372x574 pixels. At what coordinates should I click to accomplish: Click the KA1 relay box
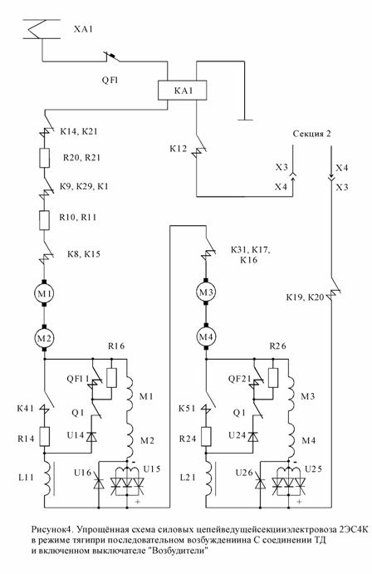click(x=182, y=90)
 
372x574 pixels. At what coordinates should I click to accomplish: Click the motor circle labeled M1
click(x=44, y=293)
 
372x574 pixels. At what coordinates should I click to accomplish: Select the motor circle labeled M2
click(x=44, y=337)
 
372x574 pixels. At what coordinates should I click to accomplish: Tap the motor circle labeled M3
click(x=206, y=292)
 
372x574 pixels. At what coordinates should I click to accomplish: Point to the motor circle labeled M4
click(x=206, y=337)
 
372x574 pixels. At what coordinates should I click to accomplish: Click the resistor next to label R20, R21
click(x=44, y=158)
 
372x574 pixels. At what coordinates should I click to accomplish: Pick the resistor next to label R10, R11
click(x=44, y=220)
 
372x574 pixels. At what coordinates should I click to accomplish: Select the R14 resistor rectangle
click(x=45, y=436)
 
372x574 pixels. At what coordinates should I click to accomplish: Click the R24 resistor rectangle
click(x=206, y=436)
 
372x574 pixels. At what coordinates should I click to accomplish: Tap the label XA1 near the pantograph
click(x=83, y=29)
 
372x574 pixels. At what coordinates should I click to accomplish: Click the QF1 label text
click(x=110, y=80)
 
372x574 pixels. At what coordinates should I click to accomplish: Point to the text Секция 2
click(x=311, y=134)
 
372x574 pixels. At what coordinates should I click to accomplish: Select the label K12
click(x=179, y=149)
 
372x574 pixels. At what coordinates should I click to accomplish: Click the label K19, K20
click(x=305, y=297)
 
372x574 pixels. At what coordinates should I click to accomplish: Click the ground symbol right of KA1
click(x=244, y=120)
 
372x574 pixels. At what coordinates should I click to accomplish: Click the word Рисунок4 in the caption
click(x=49, y=530)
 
